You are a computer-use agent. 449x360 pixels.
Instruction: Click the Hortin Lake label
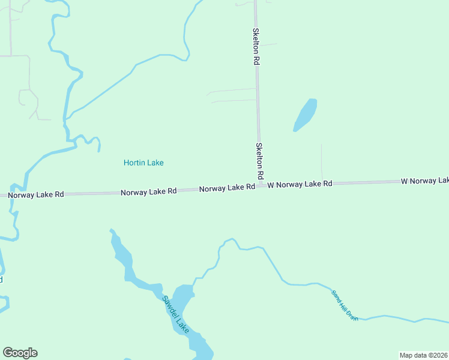coord(143,163)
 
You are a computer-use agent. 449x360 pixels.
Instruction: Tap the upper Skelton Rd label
coord(256,46)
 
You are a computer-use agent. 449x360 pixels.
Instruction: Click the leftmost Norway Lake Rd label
coord(35,194)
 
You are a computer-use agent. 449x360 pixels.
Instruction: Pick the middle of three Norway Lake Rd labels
coord(148,192)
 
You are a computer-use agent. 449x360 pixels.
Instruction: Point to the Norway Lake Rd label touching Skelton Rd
coord(227,188)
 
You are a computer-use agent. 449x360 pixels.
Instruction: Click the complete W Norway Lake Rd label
coord(300,184)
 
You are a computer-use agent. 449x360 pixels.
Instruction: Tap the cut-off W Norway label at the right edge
coord(425,181)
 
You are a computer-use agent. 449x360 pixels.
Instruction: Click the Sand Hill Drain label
coord(345,305)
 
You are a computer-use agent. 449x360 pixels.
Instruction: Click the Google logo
coord(20,353)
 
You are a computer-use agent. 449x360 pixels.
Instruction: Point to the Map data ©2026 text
coord(423,355)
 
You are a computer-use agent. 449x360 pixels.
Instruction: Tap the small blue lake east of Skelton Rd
coord(305,115)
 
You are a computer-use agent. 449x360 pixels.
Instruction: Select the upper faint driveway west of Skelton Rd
coord(231,91)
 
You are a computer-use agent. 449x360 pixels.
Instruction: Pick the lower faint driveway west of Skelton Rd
coord(234,101)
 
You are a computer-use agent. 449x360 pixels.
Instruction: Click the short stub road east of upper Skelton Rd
coord(268,44)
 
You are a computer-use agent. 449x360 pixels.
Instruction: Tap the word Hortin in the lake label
coord(134,163)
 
